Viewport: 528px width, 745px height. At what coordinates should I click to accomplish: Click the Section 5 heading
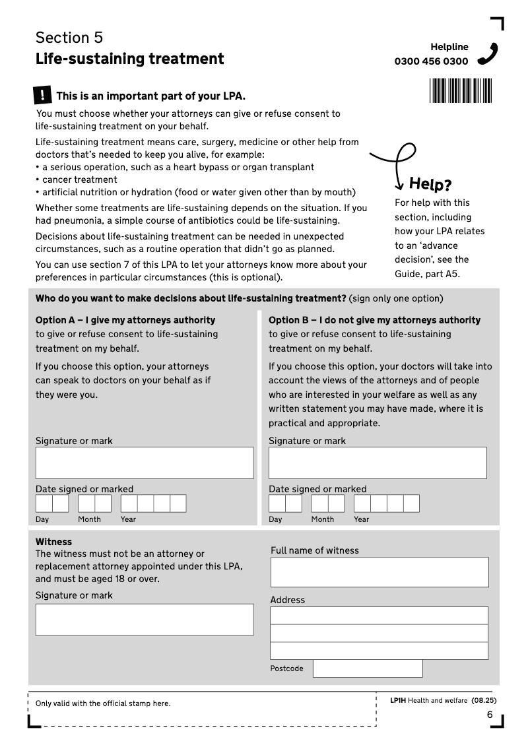[x=69, y=37]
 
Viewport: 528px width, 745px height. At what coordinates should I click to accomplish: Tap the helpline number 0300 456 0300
[x=431, y=61]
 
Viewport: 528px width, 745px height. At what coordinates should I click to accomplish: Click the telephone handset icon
[x=488, y=53]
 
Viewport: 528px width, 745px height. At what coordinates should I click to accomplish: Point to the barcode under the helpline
[x=460, y=90]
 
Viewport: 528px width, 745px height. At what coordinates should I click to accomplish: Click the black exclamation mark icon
[x=42, y=95]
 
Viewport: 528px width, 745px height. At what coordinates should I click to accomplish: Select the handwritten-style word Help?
[x=430, y=183]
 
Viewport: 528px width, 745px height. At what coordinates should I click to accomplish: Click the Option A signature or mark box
[x=145, y=463]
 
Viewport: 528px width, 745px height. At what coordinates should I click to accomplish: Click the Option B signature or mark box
[x=378, y=463]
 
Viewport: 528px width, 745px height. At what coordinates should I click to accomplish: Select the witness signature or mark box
[x=145, y=620]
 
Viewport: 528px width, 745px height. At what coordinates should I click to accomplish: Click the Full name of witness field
[x=379, y=572]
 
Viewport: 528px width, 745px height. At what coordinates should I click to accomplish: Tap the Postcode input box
[x=368, y=668]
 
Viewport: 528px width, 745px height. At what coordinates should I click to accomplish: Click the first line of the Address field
[x=379, y=616]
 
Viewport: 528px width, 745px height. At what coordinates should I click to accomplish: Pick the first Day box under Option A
[x=44, y=503]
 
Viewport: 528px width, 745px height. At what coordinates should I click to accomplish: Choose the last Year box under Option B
[x=411, y=503]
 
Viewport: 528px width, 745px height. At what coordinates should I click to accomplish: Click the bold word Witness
[x=53, y=542]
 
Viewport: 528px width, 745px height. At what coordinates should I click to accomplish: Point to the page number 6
[x=490, y=715]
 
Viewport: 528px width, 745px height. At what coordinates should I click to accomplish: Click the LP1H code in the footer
[x=397, y=700]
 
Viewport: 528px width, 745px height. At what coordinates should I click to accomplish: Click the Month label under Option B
[x=323, y=519]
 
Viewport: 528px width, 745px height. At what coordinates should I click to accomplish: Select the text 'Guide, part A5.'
[x=427, y=274]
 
